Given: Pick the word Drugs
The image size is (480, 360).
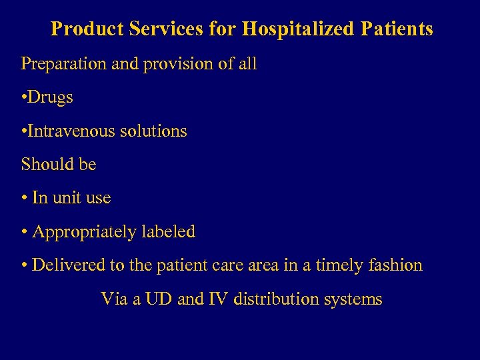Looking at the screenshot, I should point(52,97).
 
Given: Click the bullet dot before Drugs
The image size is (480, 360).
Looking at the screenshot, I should point(24,98).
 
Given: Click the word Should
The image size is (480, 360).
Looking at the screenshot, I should point(43,164).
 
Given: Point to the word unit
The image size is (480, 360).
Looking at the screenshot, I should point(71,198).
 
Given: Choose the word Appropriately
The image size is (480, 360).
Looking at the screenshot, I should point(85,232).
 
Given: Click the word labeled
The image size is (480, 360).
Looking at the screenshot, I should point(169,231).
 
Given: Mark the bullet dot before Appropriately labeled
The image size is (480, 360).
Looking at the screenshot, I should point(24,232).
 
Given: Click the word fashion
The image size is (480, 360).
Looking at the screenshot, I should point(397,265).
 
